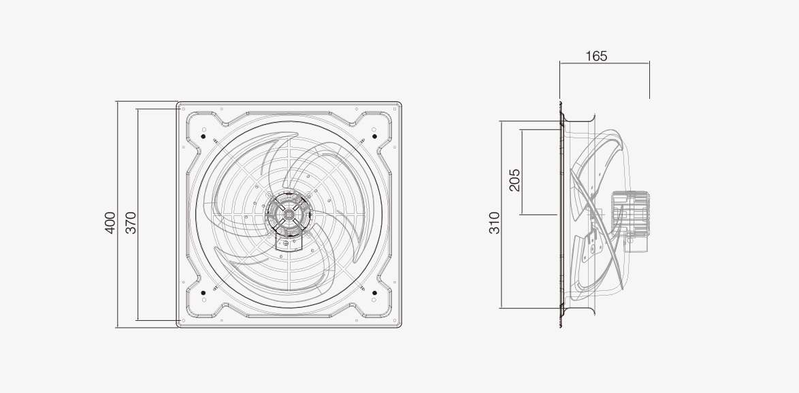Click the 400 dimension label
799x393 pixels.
coord(110,223)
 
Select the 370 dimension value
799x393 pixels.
coord(131,223)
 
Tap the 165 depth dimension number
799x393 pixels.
coord(596,56)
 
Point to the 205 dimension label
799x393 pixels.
coord(515,180)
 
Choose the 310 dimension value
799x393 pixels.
coord(494,223)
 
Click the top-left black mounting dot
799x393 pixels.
coord(203,137)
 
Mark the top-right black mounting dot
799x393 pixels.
coord(374,137)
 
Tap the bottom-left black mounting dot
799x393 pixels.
coord(203,293)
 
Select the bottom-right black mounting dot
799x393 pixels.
coord(374,293)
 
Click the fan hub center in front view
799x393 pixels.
coord(289,215)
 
